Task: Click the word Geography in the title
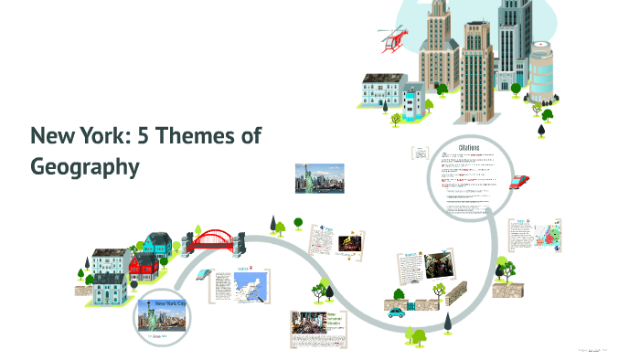85,166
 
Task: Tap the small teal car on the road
396,311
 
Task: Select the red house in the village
143,267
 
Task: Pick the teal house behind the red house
157,244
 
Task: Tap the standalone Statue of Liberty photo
317,177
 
